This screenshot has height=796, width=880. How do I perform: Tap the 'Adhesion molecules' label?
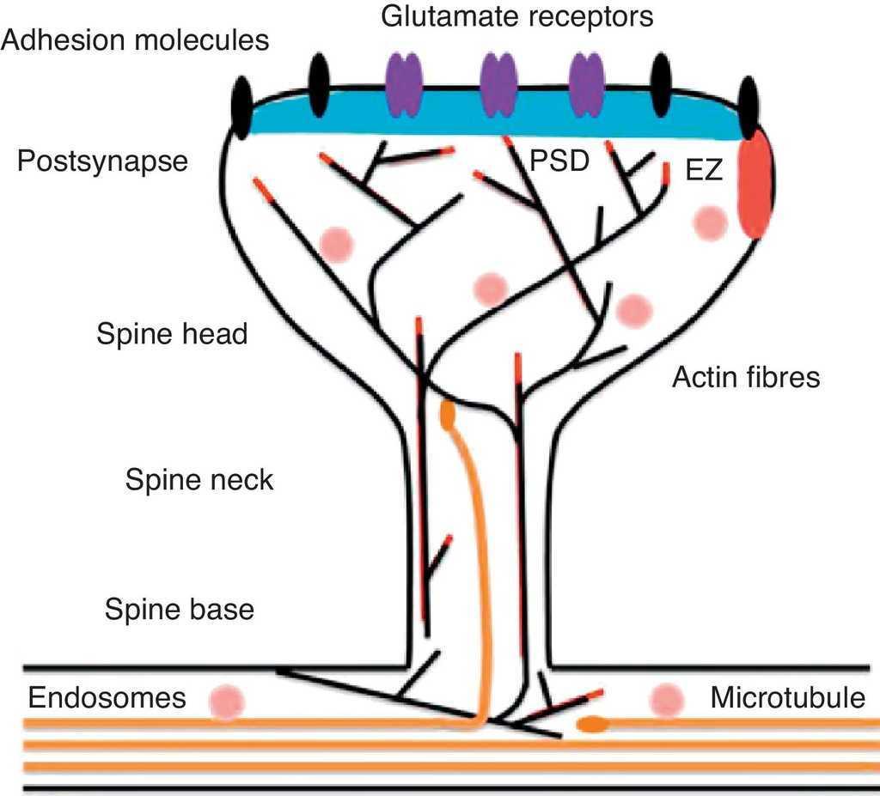(135, 39)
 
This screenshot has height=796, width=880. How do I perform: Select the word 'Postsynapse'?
(101, 161)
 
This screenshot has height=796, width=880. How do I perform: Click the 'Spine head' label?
(172, 334)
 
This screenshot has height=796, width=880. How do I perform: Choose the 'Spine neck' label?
(199, 479)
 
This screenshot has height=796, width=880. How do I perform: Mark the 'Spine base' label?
(180, 609)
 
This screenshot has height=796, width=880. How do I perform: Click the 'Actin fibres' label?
(746, 376)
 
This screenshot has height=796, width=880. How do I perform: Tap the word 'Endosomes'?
(107, 697)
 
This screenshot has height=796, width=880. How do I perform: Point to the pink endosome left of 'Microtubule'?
(667, 700)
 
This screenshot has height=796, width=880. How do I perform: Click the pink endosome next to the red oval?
(711, 222)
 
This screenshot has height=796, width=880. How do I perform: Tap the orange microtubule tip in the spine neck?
(448, 415)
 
